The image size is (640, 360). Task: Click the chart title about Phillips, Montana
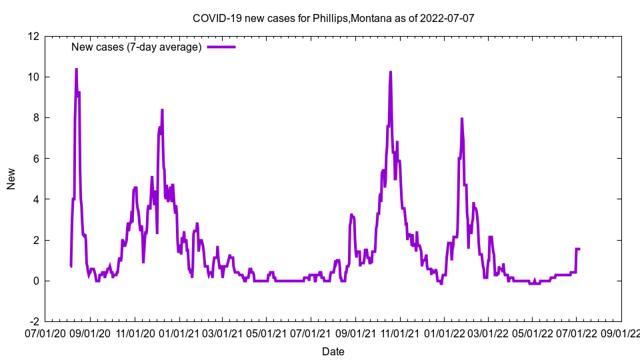pos(333,18)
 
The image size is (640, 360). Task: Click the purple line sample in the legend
pos(221,47)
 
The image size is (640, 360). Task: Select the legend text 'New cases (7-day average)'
pos(137,47)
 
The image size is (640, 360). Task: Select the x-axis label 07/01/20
pos(47,332)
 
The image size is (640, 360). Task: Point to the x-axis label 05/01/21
pos(266,332)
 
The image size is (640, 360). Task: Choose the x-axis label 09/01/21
pos(355,332)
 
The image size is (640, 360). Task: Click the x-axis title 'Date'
pos(333,351)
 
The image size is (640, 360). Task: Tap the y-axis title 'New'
pos(11,179)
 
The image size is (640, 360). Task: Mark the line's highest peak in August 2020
pos(76,69)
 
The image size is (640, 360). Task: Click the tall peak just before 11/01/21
pos(391,71)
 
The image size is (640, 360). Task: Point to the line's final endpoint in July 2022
pos(579,249)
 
